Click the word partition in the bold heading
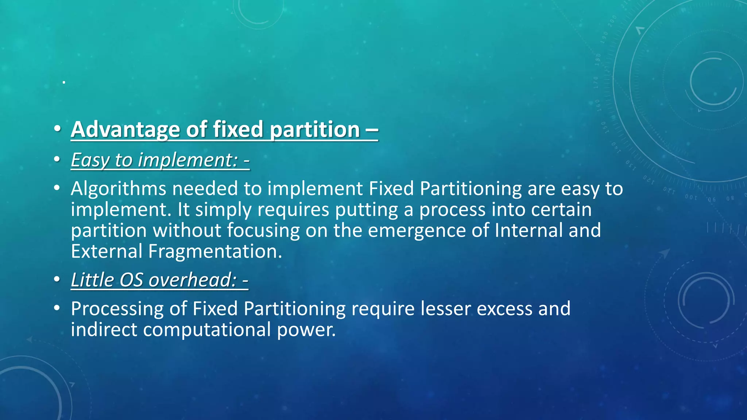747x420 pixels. click(315, 130)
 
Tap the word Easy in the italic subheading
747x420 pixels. click(90, 160)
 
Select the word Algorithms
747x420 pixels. click(119, 189)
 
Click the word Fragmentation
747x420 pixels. click(215, 252)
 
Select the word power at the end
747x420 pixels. click(306, 330)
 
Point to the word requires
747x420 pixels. click(293, 210)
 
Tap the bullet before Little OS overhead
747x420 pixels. click(57, 280)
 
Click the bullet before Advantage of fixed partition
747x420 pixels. click(57, 129)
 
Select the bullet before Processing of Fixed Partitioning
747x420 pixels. click(57, 308)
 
